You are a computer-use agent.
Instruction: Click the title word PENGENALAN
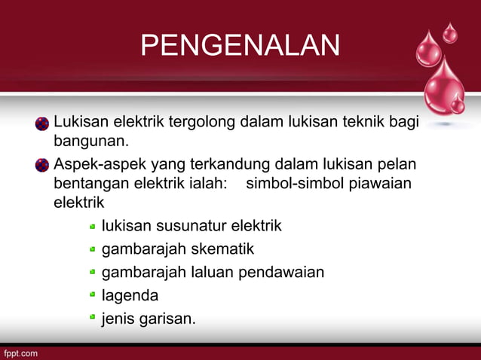tap(240, 45)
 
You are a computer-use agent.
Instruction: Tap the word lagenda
tap(130, 295)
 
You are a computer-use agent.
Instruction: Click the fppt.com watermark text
tap(20, 352)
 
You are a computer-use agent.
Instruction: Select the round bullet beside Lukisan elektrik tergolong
tap(42, 124)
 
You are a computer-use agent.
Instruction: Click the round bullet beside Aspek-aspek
tap(42, 165)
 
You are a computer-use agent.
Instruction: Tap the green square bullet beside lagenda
tap(92, 295)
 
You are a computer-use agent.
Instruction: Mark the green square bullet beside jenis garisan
tap(92, 319)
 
